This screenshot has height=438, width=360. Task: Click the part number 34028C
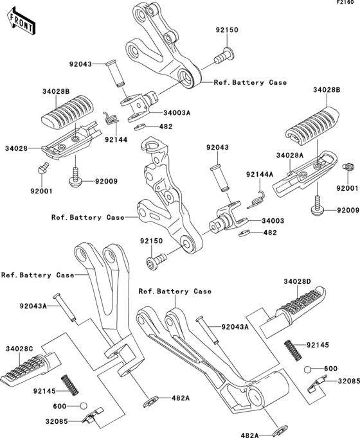tap(20, 349)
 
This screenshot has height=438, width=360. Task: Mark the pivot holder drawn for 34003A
tap(140, 101)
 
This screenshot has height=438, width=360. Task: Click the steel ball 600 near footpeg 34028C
tap(83, 406)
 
